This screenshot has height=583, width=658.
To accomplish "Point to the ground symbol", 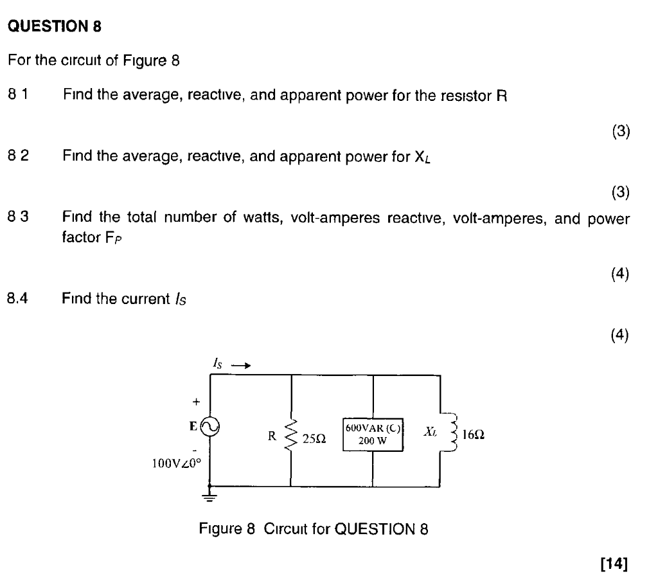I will tap(211, 496).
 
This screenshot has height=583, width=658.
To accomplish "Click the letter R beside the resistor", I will tap(272, 435).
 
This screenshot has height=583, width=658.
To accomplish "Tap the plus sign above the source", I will tap(197, 401).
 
